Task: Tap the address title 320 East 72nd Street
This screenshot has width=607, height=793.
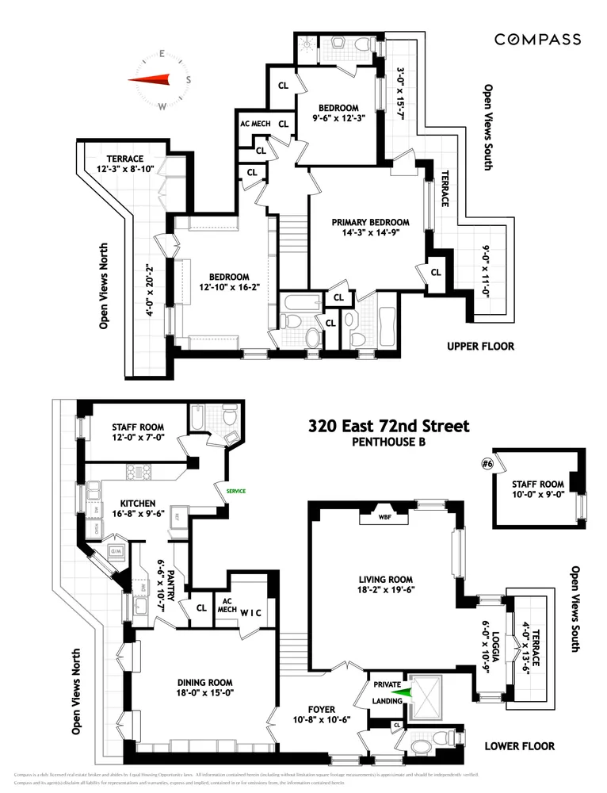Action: [388, 427]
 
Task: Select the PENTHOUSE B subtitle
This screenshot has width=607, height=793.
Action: [388, 442]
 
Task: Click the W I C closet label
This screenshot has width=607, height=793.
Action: [253, 611]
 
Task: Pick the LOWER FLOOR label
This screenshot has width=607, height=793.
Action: [521, 746]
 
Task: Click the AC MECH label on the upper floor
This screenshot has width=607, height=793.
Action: [255, 125]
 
